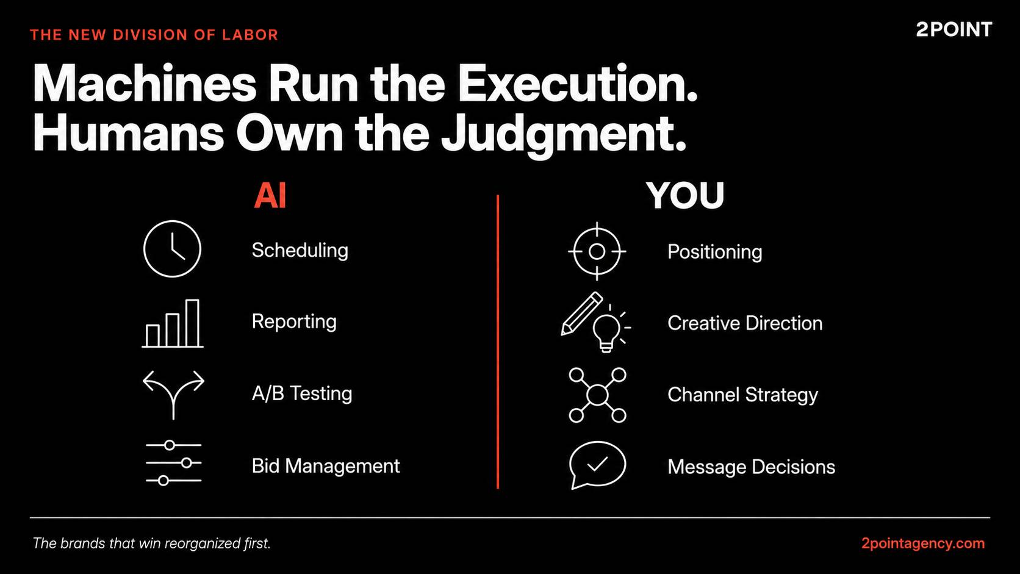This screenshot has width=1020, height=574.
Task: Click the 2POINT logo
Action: pos(954,30)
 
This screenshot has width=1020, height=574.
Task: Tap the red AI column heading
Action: pos(270,196)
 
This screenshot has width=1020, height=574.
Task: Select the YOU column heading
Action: pos(685,196)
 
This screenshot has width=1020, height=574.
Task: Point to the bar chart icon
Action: pos(173,323)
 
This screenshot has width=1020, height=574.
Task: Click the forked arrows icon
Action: pos(173,394)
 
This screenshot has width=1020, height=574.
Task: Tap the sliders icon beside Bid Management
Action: pos(173,463)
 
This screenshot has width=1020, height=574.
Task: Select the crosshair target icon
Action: pos(597,251)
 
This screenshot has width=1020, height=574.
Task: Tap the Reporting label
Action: pos(294,322)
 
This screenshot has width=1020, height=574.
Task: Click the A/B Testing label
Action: pos(302,393)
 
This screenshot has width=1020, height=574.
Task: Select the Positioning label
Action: pos(715,252)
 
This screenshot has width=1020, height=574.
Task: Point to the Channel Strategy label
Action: pos(742,395)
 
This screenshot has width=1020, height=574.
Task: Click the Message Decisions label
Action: pos(752,467)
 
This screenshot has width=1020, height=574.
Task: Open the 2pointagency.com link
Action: pos(923,544)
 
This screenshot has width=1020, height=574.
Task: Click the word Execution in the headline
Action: pos(577,84)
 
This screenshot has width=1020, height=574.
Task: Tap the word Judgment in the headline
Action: pos(564,134)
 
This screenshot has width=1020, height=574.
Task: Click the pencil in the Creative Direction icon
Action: pos(581,314)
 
